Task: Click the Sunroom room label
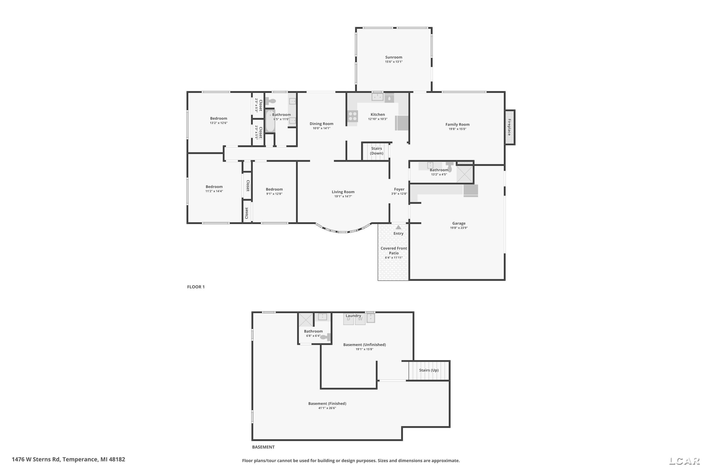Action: pos(394,57)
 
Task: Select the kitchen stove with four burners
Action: pos(352,116)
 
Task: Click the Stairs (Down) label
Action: pos(377,151)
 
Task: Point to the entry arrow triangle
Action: pos(399,227)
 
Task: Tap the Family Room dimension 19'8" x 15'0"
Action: pos(457,129)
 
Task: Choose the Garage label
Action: pos(459,223)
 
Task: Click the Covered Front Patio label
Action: pos(394,251)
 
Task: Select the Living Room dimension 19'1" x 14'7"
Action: pos(343,196)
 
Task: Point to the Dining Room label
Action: pos(322,124)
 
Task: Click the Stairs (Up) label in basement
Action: pos(429,370)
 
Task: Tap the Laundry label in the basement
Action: pos(353,316)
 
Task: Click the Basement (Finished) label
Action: pos(327,403)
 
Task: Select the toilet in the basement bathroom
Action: pos(326,337)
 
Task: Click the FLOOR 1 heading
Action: pos(196,287)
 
